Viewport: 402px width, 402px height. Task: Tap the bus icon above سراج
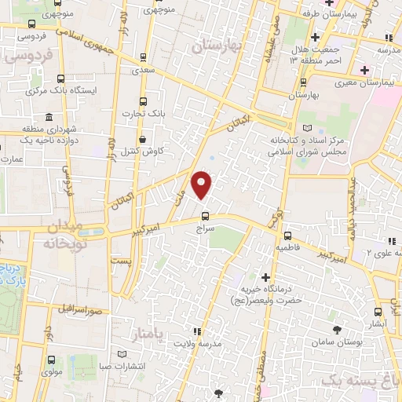click(205, 216)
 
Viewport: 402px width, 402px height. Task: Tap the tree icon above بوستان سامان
click(338, 331)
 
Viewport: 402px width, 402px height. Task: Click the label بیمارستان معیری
click(363, 82)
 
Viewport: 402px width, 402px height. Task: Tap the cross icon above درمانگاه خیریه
click(265, 277)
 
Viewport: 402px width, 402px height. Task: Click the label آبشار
click(379, 322)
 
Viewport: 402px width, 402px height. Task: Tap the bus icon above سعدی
click(142, 57)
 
